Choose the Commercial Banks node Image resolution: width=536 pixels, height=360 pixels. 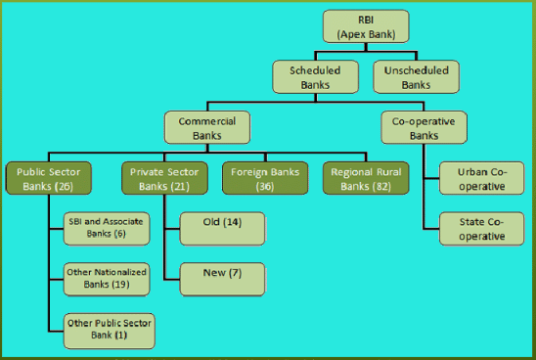pyautogui.click(x=206, y=128)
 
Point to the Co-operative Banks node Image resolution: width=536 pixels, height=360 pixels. pyautogui.click(x=424, y=128)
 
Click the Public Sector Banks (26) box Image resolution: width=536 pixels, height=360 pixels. pyautogui.click(x=48, y=178)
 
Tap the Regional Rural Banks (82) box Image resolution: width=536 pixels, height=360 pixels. pyautogui.click(x=363, y=178)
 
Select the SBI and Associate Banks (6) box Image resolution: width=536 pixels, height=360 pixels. pyautogui.click(x=105, y=228)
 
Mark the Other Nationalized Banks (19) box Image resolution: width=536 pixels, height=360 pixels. pyautogui.click(x=105, y=278)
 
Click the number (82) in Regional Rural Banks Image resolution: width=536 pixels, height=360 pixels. pyautogui.click(x=383, y=186)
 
